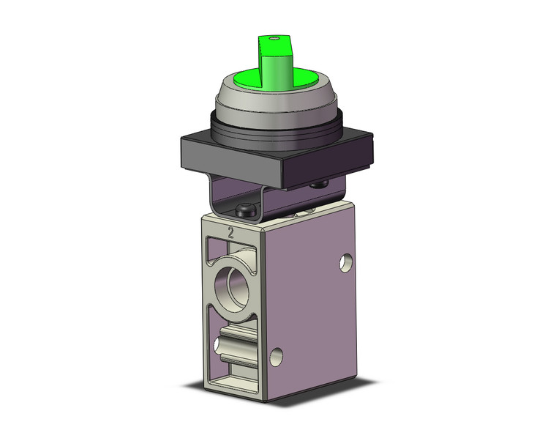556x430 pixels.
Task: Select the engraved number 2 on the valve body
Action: click(x=230, y=234)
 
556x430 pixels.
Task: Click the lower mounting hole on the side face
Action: click(x=275, y=357)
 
